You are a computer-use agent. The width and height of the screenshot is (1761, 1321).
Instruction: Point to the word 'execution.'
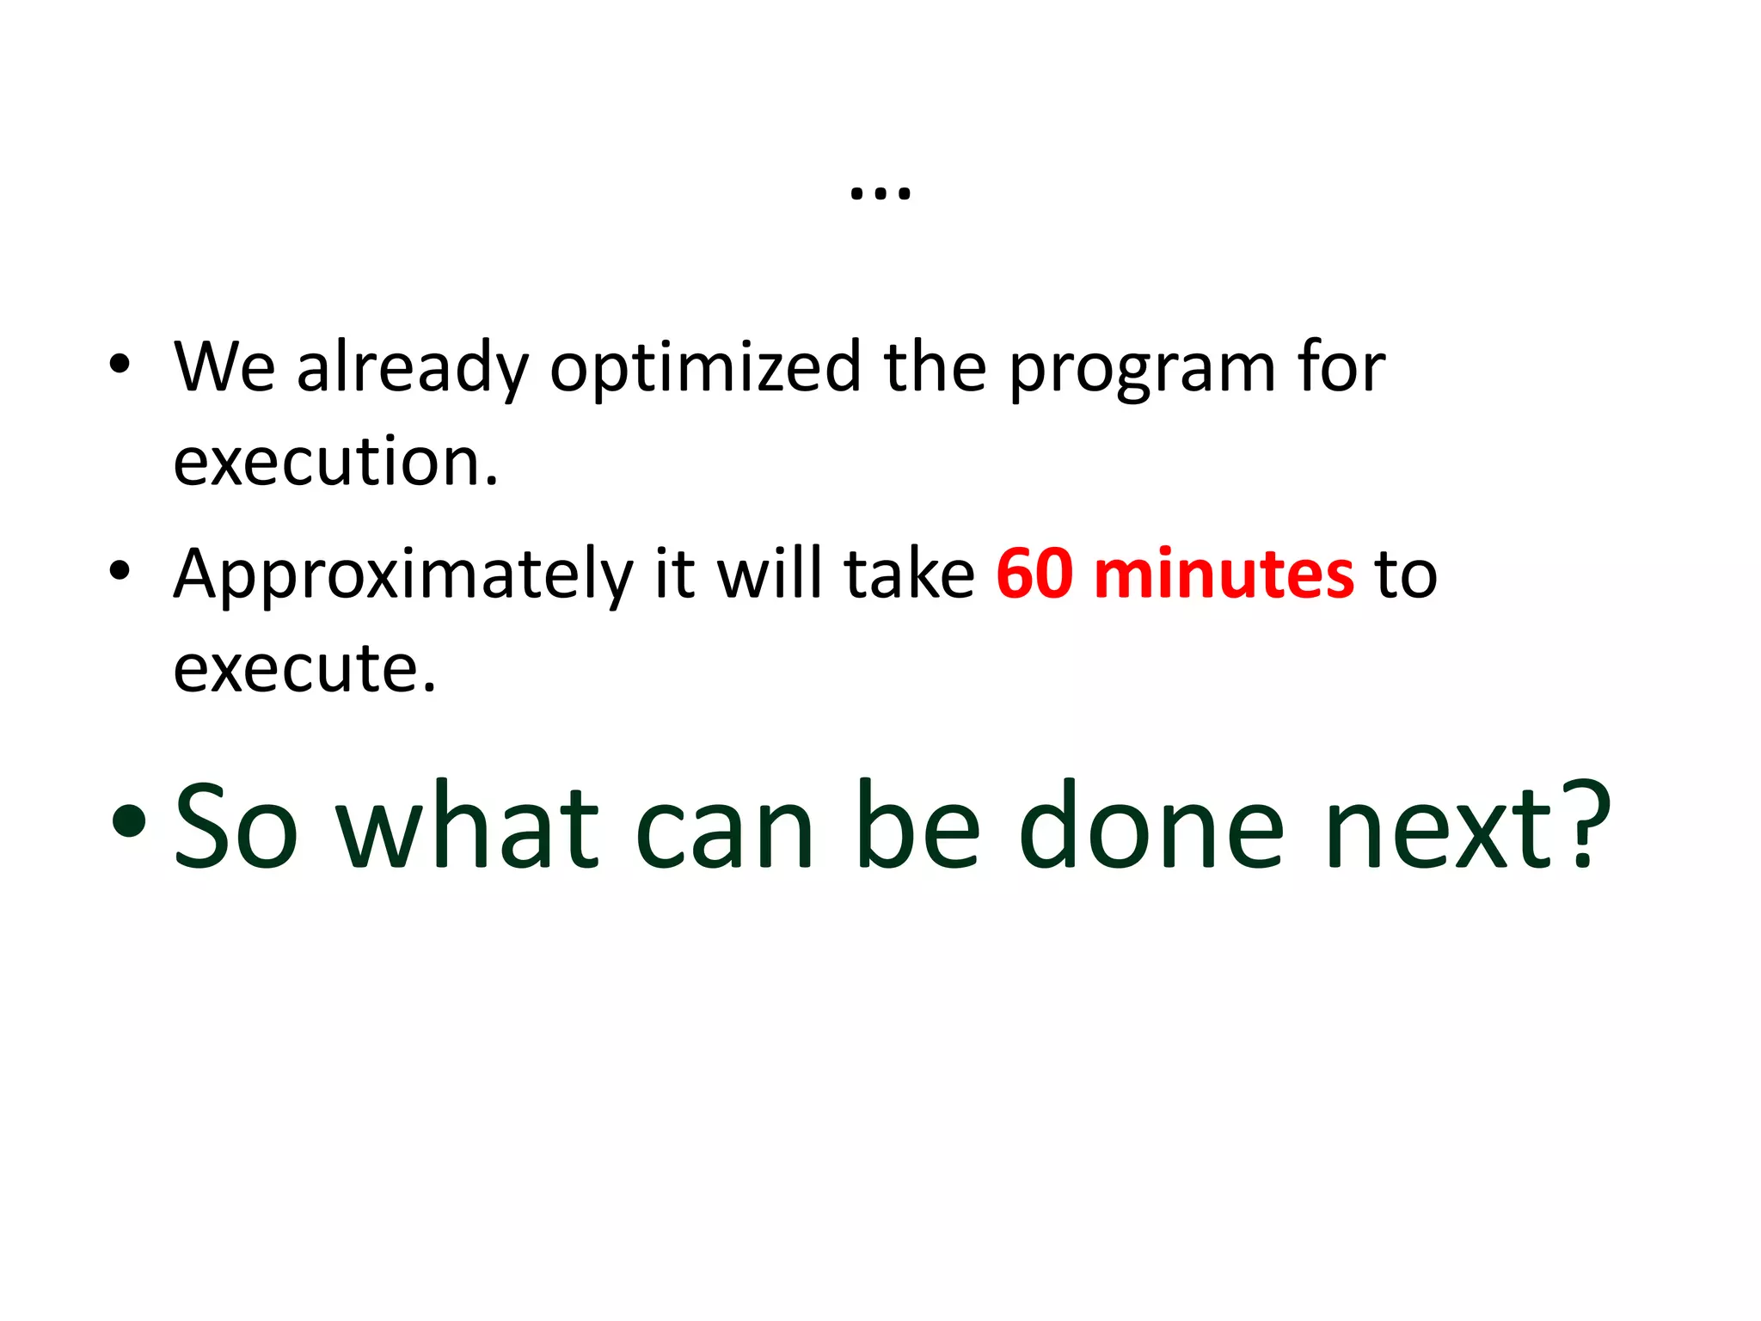coord(335,463)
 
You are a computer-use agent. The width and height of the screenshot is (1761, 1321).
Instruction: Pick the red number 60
coord(1034,574)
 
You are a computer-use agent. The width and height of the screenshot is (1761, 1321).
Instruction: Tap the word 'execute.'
coord(305,669)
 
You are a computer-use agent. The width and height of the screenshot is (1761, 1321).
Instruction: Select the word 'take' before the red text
coord(910,574)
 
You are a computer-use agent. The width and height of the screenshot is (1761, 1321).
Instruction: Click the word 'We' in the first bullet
coord(224,368)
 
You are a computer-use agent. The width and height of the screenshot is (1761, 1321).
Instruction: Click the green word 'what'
coord(468,826)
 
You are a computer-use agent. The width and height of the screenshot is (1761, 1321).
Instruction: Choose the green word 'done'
coord(1150,826)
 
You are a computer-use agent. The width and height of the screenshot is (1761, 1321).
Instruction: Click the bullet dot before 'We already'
coord(120,365)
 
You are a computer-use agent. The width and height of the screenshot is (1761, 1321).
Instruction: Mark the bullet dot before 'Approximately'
coord(120,570)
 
